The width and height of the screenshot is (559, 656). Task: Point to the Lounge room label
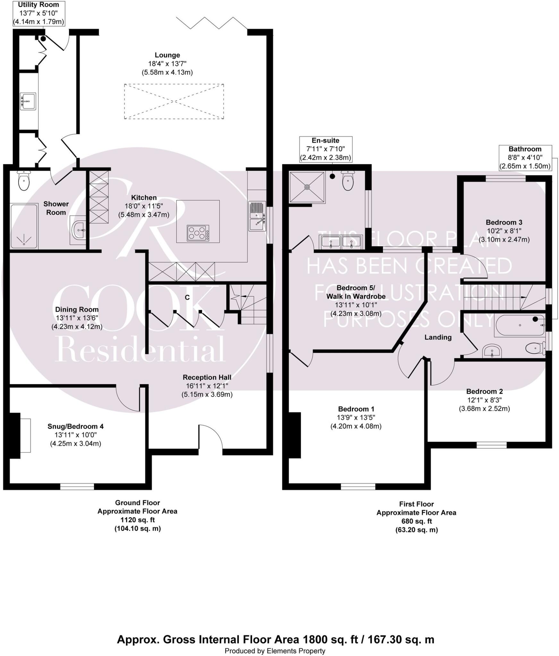(x=167, y=55)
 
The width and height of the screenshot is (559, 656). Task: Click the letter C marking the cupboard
(x=187, y=297)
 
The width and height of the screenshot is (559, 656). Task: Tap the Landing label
(x=438, y=337)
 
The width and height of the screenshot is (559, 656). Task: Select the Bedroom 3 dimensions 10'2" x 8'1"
(x=504, y=231)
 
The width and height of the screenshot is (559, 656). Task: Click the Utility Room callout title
(x=38, y=5)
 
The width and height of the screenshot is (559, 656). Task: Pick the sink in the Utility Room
(x=28, y=101)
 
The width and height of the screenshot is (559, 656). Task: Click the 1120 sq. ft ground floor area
(x=138, y=520)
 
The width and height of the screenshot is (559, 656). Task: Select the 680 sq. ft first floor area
(x=416, y=521)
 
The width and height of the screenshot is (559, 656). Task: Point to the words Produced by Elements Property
(x=275, y=651)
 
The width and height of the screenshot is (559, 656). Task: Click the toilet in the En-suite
(x=348, y=182)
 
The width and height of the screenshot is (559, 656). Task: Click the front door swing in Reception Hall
(x=210, y=438)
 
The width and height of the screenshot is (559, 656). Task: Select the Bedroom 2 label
(x=484, y=391)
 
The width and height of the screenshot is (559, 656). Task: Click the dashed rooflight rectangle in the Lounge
(x=174, y=102)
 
